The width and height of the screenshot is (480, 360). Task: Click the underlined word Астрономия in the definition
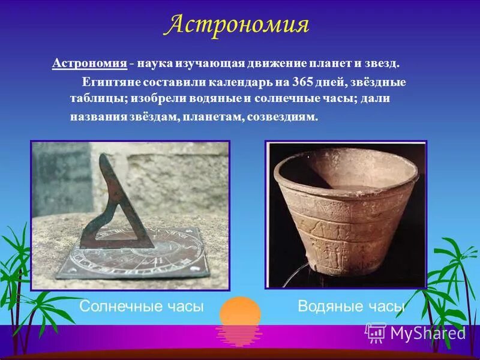(x=89, y=63)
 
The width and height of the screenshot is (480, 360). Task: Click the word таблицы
(x=94, y=99)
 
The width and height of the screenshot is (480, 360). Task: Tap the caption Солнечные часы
(x=142, y=307)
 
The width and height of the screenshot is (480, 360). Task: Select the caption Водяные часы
(x=351, y=307)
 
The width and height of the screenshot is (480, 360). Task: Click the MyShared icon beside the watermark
(x=376, y=332)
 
